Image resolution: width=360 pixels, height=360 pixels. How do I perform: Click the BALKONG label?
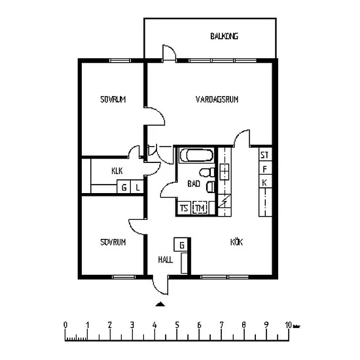click(224, 36)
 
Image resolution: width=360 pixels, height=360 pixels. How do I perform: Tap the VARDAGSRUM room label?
click(217, 99)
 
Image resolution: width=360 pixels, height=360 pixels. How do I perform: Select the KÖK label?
click(236, 242)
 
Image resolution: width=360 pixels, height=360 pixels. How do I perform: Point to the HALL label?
click(166, 260)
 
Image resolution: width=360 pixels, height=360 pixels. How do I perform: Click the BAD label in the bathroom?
click(194, 184)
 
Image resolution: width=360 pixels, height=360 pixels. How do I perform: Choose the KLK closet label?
click(117, 171)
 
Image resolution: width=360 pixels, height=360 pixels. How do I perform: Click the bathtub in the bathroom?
click(196, 155)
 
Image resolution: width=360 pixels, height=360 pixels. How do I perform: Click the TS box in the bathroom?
click(184, 208)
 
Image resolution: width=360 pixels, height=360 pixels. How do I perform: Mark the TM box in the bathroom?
click(200, 208)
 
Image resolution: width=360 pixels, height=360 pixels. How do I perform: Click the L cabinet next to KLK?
click(137, 187)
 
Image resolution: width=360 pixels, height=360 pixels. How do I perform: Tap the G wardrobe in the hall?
click(181, 245)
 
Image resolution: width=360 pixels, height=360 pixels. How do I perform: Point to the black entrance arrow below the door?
click(160, 304)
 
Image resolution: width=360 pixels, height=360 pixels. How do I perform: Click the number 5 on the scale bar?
click(177, 325)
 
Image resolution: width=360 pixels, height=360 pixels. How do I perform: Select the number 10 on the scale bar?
click(288, 325)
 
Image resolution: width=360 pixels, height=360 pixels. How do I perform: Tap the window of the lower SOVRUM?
click(124, 277)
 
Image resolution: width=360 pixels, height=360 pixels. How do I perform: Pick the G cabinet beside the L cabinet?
click(124, 187)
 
